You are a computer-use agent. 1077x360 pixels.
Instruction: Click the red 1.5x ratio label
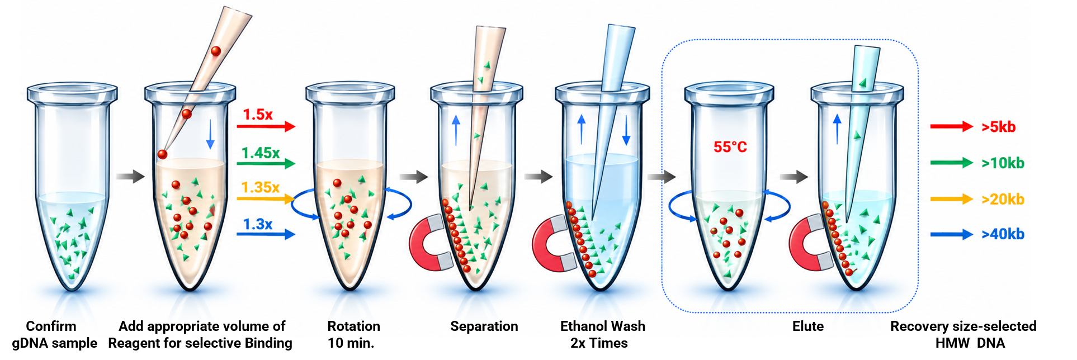pyautogui.click(x=258, y=115)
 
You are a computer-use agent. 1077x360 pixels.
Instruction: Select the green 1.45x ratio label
pyautogui.click(x=261, y=153)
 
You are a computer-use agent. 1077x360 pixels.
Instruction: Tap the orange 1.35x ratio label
pyautogui.click(x=261, y=187)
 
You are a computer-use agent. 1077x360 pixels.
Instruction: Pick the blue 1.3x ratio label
pyautogui.click(x=258, y=224)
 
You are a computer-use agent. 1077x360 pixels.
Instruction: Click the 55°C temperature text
pyautogui.click(x=730, y=147)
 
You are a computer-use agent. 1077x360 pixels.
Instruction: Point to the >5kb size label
pyautogui.click(x=999, y=127)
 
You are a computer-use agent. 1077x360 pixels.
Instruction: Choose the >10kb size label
pyautogui.click(x=1003, y=163)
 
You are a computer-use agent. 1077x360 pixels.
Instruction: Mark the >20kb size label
pyautogui.click(x=1003, y=199)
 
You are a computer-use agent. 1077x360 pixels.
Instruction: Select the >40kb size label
pyautogui.click(x=1003, y=234)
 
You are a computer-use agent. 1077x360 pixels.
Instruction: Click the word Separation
pyautogui.click(x=484, y=326)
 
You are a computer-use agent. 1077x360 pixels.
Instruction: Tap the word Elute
pyautogui.click(x=808, y=326)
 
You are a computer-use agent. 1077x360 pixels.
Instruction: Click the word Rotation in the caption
pyautogui.click(x=354, y=326)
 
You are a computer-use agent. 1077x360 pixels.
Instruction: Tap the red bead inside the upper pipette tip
pyautogui.click(x=216, y=51)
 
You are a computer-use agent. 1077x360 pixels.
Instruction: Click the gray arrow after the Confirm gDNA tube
pyautogui.click(x=130, y=176)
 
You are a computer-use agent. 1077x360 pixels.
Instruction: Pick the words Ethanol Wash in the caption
pyautogui.click(x=603, y=326)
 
